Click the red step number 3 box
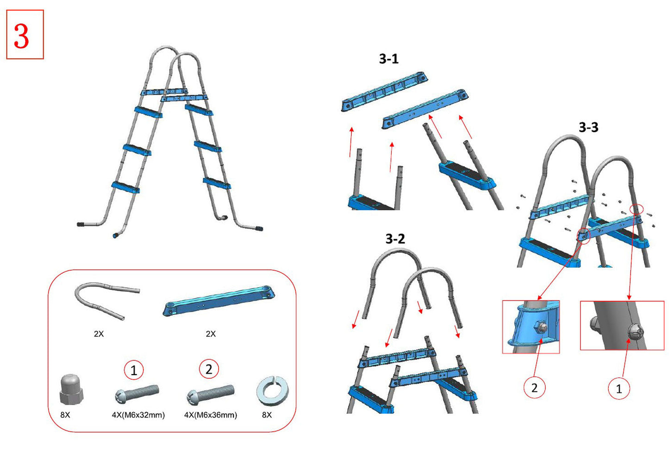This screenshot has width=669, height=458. [x=25, y=35]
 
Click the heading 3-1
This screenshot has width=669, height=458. [x=388, y=59]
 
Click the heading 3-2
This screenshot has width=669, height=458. [x=395, y=238]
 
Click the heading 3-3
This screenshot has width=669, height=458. [x=588, y=127]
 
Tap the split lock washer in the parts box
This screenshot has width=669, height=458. [x=272, y=390]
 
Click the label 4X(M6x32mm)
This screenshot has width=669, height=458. [x=138, y=415]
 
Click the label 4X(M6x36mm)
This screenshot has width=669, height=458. [x=211, y=415]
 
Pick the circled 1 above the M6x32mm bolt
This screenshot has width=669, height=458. [x=134, y=370]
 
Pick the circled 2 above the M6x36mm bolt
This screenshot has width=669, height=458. [x=209, y=369]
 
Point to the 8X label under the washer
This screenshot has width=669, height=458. [x=267, y=415]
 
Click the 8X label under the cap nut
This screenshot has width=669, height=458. [x=65, y=415]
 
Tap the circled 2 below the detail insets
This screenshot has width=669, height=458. [x=534, y=388]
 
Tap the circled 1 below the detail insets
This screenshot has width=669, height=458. [x=619, y=389]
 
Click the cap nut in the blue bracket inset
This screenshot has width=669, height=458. [x=540, y=327]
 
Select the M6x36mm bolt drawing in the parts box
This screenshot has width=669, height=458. [x=210, y=394]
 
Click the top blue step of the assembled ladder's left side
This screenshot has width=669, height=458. [x=149, y=112]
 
